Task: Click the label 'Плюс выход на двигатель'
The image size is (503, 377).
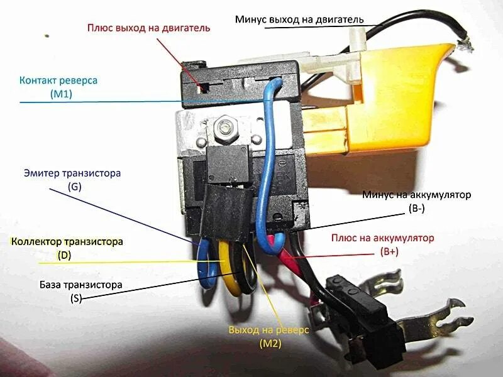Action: coord(148,28)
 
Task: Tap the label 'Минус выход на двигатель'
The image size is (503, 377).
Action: coord(299,19)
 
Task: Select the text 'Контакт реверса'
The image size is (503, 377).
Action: coord(58,81)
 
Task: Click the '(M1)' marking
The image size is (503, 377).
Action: coord(62,94)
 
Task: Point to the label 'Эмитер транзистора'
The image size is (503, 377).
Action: coord(72,173)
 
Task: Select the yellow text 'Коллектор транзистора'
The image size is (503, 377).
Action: coord(67,242)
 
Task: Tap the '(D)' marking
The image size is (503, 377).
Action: coord(65,256)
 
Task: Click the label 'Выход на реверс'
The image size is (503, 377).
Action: coord(268,331)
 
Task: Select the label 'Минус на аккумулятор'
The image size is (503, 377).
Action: coord(416,195)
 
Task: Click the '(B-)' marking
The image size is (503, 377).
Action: coord(416,209)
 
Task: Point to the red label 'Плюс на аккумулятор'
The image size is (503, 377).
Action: coord(383,239)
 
